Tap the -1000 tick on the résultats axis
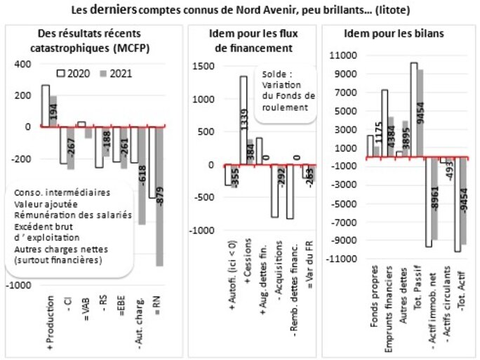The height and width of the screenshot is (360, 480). tap(19, 286)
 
